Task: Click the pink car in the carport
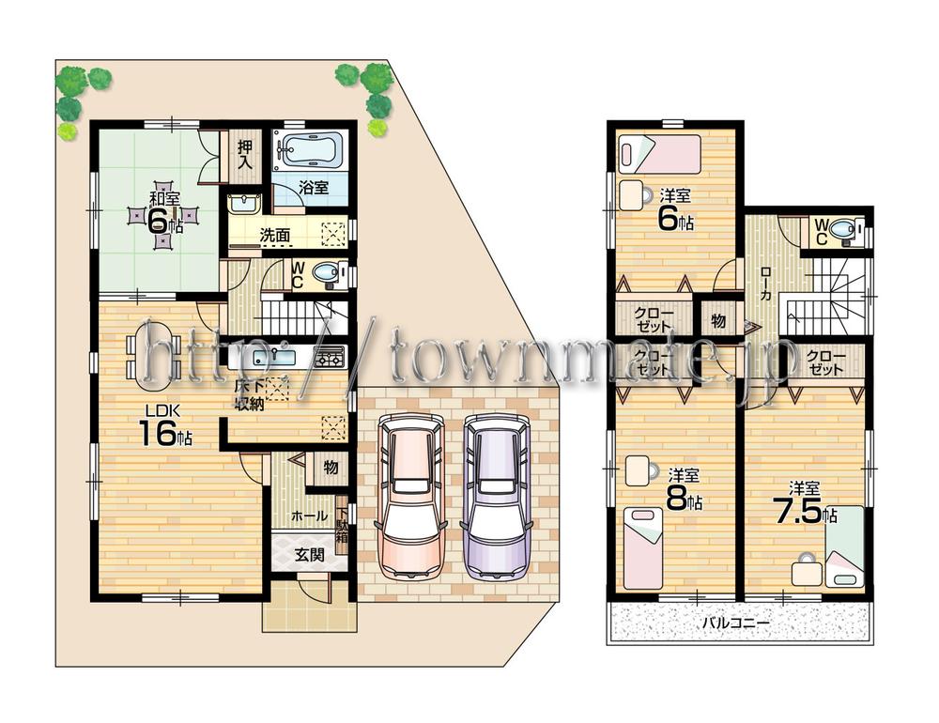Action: (408, 498)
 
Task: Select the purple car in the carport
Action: (495, 498)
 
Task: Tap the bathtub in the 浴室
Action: (311, 150)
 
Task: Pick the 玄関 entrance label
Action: (310, 554)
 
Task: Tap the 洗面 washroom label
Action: (274, 236)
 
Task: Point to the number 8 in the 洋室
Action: (676, 499)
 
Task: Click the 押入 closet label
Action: (245, 154)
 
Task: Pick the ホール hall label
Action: (309, 515)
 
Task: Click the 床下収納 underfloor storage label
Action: (249, 395)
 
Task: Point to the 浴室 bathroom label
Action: (313, 187)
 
